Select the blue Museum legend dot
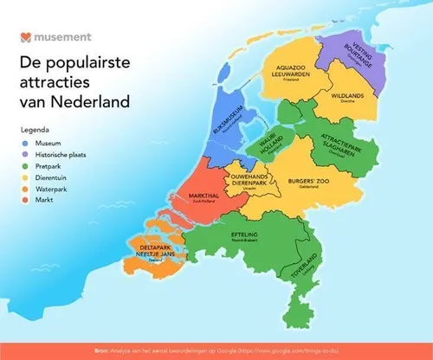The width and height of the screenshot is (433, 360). (x=25, y=141)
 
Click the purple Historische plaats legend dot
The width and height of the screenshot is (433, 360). (x=25, y=152)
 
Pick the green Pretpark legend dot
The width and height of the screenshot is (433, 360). (x=25, y=164)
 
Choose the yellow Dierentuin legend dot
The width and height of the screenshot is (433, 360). (x=25, y=175)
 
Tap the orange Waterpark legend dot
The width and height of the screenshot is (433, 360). (x=25, y=186)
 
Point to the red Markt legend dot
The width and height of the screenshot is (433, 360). (x=25, y=197)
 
